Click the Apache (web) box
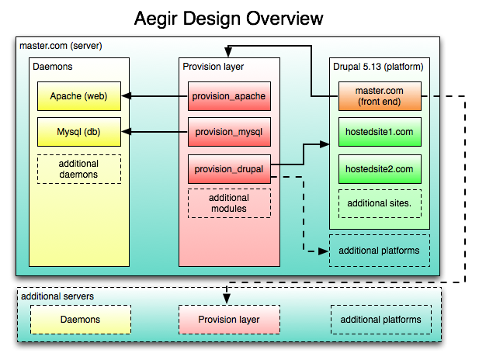click(x=79, y=96)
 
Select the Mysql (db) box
click(x=79, y=132)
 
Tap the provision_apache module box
click(x=229, y=96)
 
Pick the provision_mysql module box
click(x=229, y=132)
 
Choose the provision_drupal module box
click(x=229, y=169)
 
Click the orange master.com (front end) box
click(x=380, y=96)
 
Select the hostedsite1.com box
click(x=380, y=132)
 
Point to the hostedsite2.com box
click(x=380, y=169)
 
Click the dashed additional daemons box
click(x=79, y=169)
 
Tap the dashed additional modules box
click(x=229, y=203)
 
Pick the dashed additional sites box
click(x=380, y=204)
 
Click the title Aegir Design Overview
click(x=228, y=19)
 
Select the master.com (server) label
click(x=61, y=46)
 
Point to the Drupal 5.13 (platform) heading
click(x=378, y=67)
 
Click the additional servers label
click(x=57, y=296)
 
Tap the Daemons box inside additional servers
click(x=81, y=320)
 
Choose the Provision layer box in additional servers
click(x=229, y=320)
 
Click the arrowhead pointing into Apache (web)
click(x=127, y=96)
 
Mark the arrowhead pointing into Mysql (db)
click(x=127, y=132)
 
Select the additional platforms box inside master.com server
click(x=380, y=251)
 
